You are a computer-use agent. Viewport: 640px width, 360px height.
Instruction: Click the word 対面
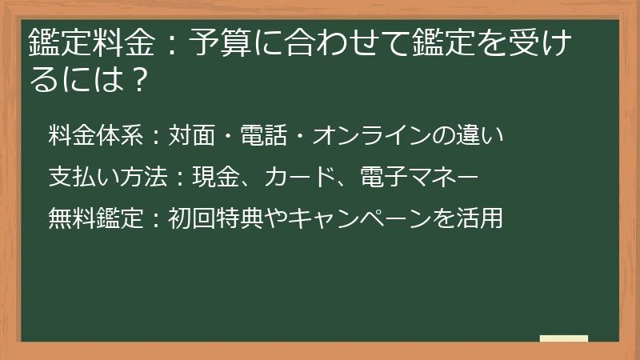188,134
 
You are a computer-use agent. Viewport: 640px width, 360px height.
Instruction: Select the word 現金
208,176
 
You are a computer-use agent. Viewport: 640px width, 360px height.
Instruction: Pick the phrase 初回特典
208,217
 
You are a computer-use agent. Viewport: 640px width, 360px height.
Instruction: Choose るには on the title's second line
74,79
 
